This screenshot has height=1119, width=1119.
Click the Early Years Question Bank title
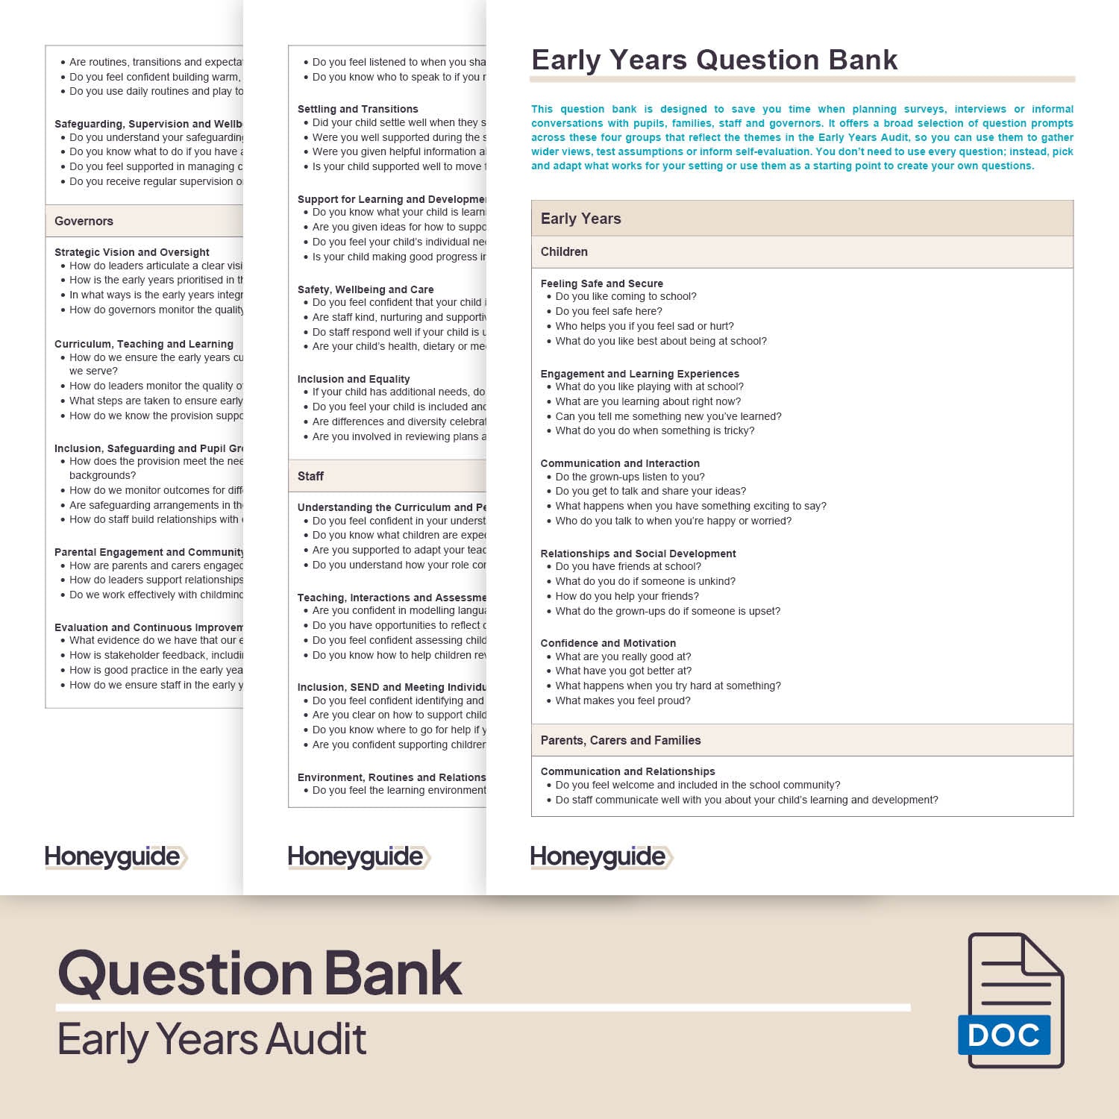point(714,60)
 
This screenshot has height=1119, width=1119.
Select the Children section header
point(564,252)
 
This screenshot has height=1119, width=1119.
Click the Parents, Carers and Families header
point(621,740)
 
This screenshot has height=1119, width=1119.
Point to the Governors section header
point(84,221)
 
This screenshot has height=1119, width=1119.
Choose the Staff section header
point(310,476)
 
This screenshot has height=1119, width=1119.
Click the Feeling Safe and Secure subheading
point(601,283)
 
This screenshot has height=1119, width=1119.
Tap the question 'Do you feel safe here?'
point(609,311)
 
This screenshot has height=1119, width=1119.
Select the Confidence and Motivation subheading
point(608,643)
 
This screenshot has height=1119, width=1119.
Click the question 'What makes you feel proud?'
point(623,700)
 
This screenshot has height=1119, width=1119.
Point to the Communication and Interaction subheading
point(620,463)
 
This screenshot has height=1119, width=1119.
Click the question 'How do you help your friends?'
point(627,596)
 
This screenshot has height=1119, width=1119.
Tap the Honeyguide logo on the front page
point(601,857)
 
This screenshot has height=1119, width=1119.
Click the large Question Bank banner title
point(260,974)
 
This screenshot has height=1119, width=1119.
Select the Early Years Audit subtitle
point(212,1039)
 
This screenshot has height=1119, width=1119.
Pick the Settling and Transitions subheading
point(357,109)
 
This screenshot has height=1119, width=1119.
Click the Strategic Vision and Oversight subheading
point(132,252)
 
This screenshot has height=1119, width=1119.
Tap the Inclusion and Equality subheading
point(354,379)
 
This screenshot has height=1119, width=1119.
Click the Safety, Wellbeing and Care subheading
point(366,289)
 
